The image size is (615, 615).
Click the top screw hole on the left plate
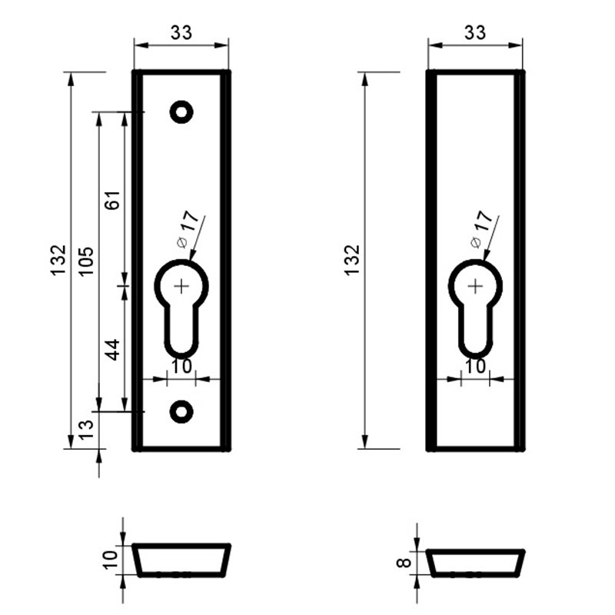181,112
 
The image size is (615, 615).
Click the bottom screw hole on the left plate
181,411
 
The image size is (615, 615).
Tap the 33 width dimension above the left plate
181,32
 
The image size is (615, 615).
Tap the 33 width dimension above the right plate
476,32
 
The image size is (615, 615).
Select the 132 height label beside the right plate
352,261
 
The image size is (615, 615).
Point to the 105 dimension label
86,262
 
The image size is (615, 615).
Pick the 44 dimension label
113,350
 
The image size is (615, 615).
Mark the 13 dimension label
86,425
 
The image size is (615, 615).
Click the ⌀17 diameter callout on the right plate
480,228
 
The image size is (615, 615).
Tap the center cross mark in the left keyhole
181,286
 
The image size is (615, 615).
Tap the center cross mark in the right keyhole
475,286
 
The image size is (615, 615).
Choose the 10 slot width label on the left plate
182,367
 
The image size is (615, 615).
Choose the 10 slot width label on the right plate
476,367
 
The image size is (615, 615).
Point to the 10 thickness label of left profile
110,560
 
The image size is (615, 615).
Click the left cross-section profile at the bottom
181,560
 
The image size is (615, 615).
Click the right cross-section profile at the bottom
475,563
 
